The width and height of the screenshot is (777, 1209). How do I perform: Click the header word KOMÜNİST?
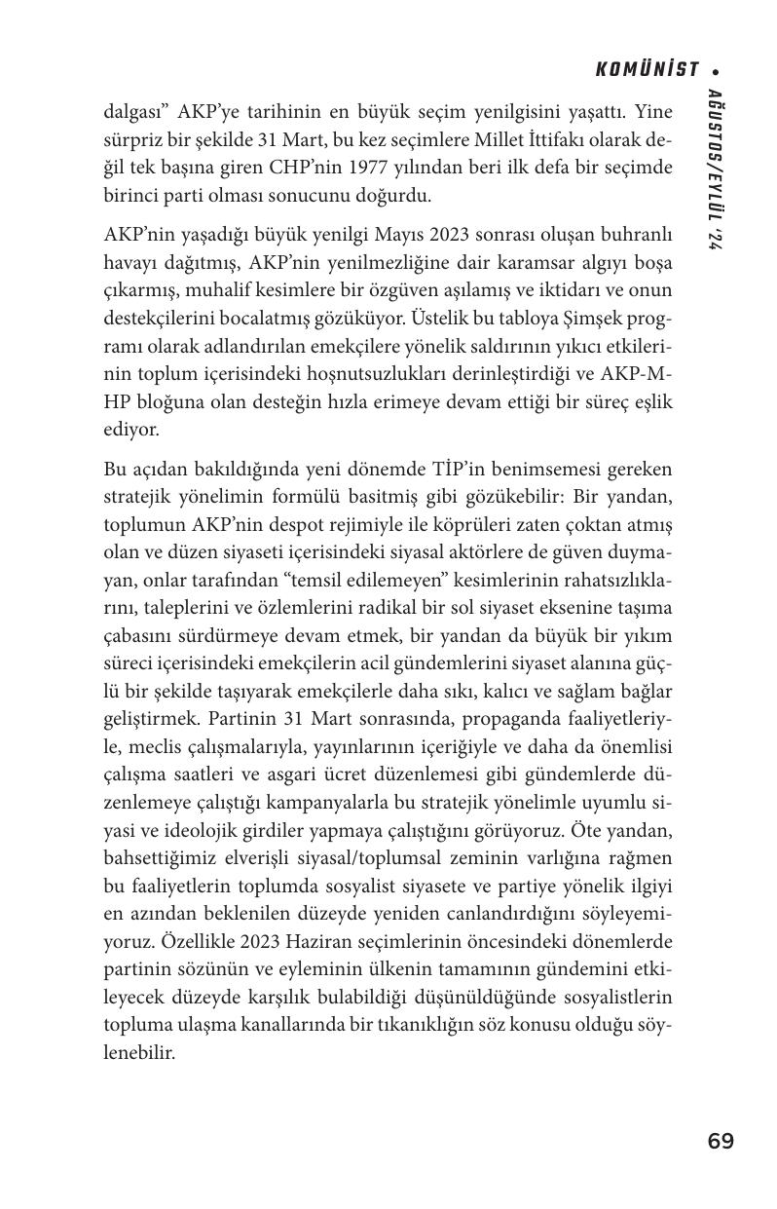click(647, 69)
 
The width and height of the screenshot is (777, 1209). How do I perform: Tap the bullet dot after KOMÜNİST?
click(716, 70)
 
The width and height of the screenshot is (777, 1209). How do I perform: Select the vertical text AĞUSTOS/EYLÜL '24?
click(715, 170)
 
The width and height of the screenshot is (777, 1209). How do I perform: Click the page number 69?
click(721, 1141)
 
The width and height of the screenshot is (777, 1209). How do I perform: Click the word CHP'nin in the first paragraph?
click(318, 167)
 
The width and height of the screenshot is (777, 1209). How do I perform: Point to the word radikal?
click(393, 609)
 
